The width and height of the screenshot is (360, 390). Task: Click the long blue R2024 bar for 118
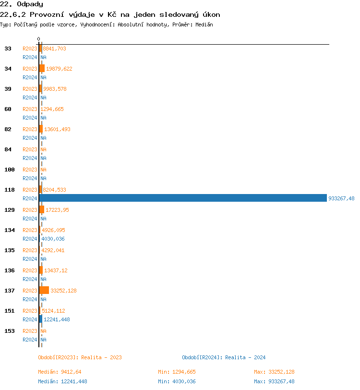(183, 198)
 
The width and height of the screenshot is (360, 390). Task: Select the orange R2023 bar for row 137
(44, 290)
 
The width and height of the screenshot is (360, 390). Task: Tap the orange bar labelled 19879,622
(42, 68)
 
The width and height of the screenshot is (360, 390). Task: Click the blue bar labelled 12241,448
(41, 319)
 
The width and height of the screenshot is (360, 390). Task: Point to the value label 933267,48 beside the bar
(341, 198)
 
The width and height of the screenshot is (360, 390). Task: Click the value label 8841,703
(55, 49)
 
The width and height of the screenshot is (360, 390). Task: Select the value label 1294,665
(52, 109)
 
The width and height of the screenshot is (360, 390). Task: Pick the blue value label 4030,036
(53, 239)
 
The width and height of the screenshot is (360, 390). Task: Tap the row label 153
(10, 331)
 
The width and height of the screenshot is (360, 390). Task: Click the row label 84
(8, 149)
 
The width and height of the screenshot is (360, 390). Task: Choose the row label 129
(10, 210)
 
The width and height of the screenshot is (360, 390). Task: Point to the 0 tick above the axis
(39, 39)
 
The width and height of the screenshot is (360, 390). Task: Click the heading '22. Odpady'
(22, 4)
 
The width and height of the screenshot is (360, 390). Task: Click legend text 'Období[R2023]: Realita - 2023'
(80, 357)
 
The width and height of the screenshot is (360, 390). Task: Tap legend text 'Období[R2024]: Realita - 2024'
(224, 357)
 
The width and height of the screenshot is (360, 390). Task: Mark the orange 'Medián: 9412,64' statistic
(60, 372)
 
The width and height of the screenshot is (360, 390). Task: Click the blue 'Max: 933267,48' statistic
(274, 381)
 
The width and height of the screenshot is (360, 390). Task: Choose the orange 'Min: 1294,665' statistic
(177, 372)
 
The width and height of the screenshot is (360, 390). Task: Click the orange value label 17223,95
(57, 210)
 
